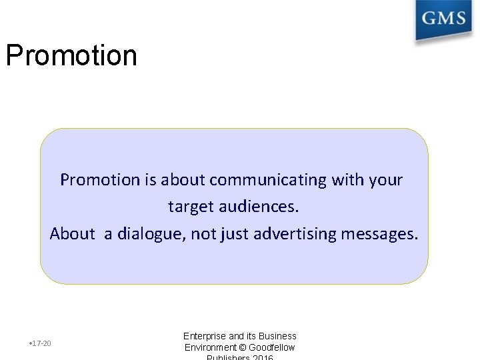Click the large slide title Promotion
(71, 56)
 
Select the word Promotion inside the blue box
(100, 180)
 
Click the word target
(190, 207)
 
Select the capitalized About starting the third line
(72, 234)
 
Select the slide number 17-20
(41, 343)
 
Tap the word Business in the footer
(277, 336)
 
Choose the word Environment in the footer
(210, 347)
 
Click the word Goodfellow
(272, 347)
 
